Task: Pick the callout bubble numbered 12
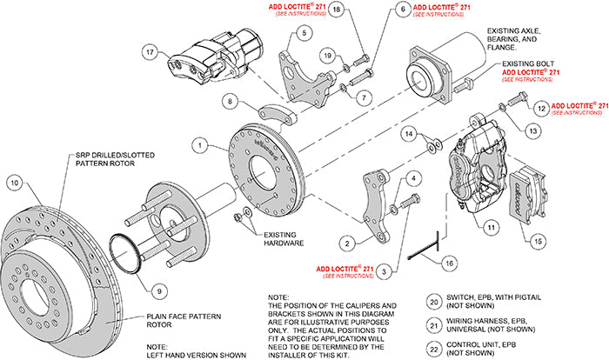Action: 540,108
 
